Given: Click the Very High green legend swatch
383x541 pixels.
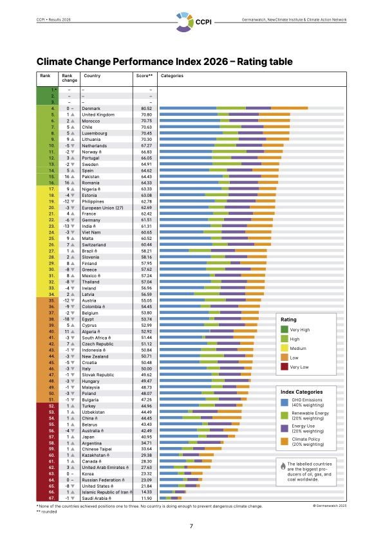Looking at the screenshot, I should coord(285,329).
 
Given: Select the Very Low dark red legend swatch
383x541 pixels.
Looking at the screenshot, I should coord(285,367).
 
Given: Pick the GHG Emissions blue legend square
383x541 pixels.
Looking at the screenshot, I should coord(285,403).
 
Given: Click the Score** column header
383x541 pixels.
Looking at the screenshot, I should coord(144,76).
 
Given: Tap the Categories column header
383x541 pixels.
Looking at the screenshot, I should coord(172,76).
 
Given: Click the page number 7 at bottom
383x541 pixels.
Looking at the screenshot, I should coord(191,526).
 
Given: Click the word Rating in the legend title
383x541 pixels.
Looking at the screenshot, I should coord(288,319).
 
